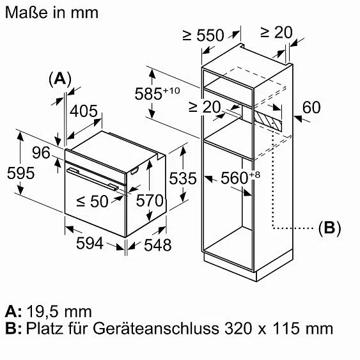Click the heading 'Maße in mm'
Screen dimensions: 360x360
point(52,13)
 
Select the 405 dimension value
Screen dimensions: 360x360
point(84,112)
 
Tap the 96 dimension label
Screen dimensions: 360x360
point(41,153)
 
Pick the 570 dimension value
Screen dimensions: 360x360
point(151,201)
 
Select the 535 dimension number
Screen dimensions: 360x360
point(184,178)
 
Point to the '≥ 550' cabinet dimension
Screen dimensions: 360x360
point(203,35)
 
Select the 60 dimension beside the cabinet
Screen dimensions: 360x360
point(311,107)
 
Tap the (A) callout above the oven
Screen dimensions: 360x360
point(59,79)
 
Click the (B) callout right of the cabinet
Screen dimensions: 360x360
point(329,228)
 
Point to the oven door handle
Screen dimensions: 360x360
point(93,178)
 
